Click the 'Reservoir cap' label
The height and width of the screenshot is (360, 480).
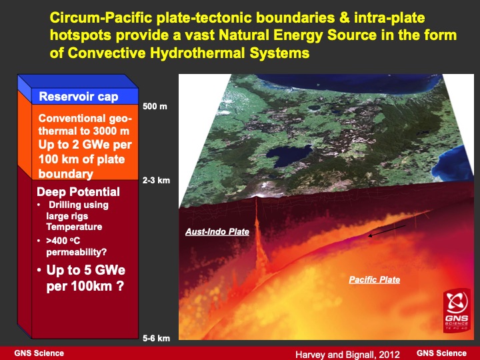point(78,97)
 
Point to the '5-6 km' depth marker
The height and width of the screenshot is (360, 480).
point(157,339)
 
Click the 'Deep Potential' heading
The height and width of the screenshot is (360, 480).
point(78,192)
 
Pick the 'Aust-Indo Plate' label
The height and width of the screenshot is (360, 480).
point(217,232)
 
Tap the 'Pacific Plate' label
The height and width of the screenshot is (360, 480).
point(374,279)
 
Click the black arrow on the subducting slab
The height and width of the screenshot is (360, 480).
point(387,231)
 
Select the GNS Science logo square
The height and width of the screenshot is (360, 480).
point(459,311)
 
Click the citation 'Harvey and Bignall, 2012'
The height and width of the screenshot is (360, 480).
point(346,354)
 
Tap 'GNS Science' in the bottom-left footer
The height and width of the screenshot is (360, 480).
point(40,353)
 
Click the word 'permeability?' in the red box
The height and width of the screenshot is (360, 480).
point(75,251)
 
